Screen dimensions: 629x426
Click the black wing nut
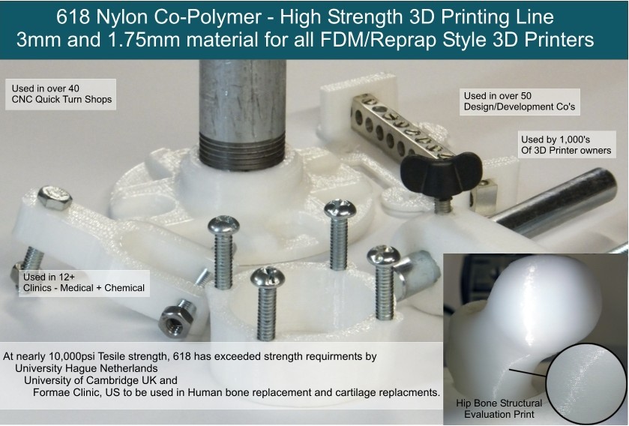442,173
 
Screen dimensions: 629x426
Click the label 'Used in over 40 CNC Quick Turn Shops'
61,94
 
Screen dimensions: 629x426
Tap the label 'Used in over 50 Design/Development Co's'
520,101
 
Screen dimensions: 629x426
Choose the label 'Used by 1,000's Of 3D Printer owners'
566,145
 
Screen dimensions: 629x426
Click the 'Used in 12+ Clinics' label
84,283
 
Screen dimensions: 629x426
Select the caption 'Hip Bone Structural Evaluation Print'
499,409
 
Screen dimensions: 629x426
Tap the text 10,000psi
71,356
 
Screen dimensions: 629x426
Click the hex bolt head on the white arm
55,198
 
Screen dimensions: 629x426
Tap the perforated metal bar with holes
401,127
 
